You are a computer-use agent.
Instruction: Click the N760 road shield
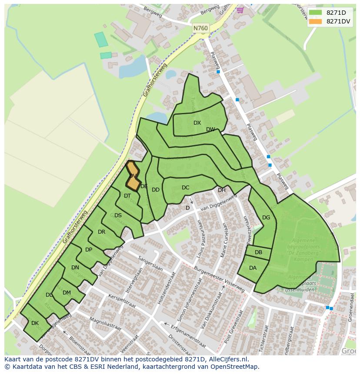pos(201,28)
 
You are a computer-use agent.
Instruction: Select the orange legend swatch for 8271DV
pos(316,21)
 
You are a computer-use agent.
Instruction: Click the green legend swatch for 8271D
pos(316,13)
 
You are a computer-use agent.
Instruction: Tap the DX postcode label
pos(197,123)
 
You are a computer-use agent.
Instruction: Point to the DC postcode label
pos(186,188)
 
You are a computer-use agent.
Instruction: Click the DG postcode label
pos(266,218)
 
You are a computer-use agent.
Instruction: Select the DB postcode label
pos(258,252)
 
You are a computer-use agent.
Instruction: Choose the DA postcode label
pos(253,268)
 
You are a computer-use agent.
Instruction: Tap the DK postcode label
pos(35,323)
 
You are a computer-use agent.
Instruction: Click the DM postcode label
pos(67,293)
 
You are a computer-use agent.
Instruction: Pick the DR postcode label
pos(101,232)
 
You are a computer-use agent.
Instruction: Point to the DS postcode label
pos(118,215)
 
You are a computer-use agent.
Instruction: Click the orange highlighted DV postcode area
pos(133,175)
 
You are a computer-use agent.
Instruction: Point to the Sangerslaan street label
pos(150,264)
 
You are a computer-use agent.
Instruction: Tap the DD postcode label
pos(155,190)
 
